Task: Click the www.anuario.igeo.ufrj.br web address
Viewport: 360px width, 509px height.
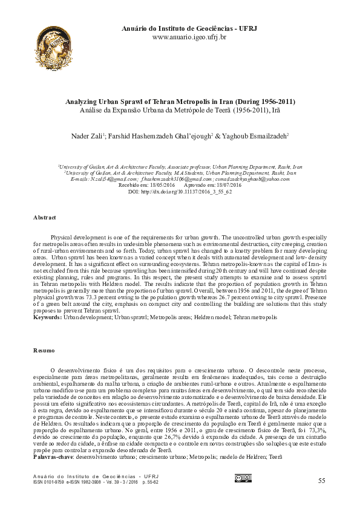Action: [x=189, y=37]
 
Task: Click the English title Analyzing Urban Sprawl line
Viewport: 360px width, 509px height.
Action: [x=180, y=102]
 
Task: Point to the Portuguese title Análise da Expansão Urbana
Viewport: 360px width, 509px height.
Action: [x=180, y=111]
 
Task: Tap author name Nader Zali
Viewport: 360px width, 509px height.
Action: [x=88, y=137]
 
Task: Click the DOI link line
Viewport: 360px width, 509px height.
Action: [x=180, y=191]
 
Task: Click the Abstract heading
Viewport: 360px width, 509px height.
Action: [x=44, y=217]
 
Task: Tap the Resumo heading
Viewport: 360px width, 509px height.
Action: [x=44, y=351]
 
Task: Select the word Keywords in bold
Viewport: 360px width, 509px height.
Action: [x=47, y=317]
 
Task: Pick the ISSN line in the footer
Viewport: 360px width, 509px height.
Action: [x=96, y=482]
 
